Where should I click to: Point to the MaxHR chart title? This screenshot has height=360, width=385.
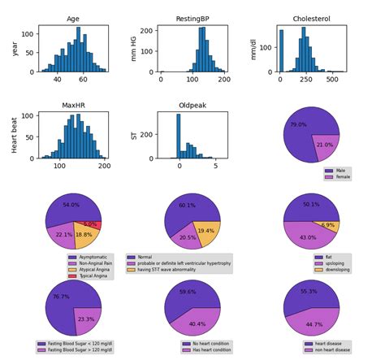coord(74,104)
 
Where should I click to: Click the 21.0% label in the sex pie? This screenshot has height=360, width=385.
coord(324,145)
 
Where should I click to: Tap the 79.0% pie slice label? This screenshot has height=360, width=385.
coord(298,125)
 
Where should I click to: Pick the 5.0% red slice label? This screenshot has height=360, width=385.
coord(90,223)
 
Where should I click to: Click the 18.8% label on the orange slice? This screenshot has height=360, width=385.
coord(84,234)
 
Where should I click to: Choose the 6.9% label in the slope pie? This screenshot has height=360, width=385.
coord(328,224)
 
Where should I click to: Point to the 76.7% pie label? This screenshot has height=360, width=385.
coord(59,297)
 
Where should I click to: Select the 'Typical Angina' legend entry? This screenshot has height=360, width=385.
coord(93,276)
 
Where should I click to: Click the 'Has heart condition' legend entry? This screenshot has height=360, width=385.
coord(213,350)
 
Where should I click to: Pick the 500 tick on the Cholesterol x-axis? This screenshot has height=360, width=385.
coord(331,80)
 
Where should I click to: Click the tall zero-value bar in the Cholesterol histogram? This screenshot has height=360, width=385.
coord(282,50)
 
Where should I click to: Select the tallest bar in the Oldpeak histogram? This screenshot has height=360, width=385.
coord(179,134)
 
